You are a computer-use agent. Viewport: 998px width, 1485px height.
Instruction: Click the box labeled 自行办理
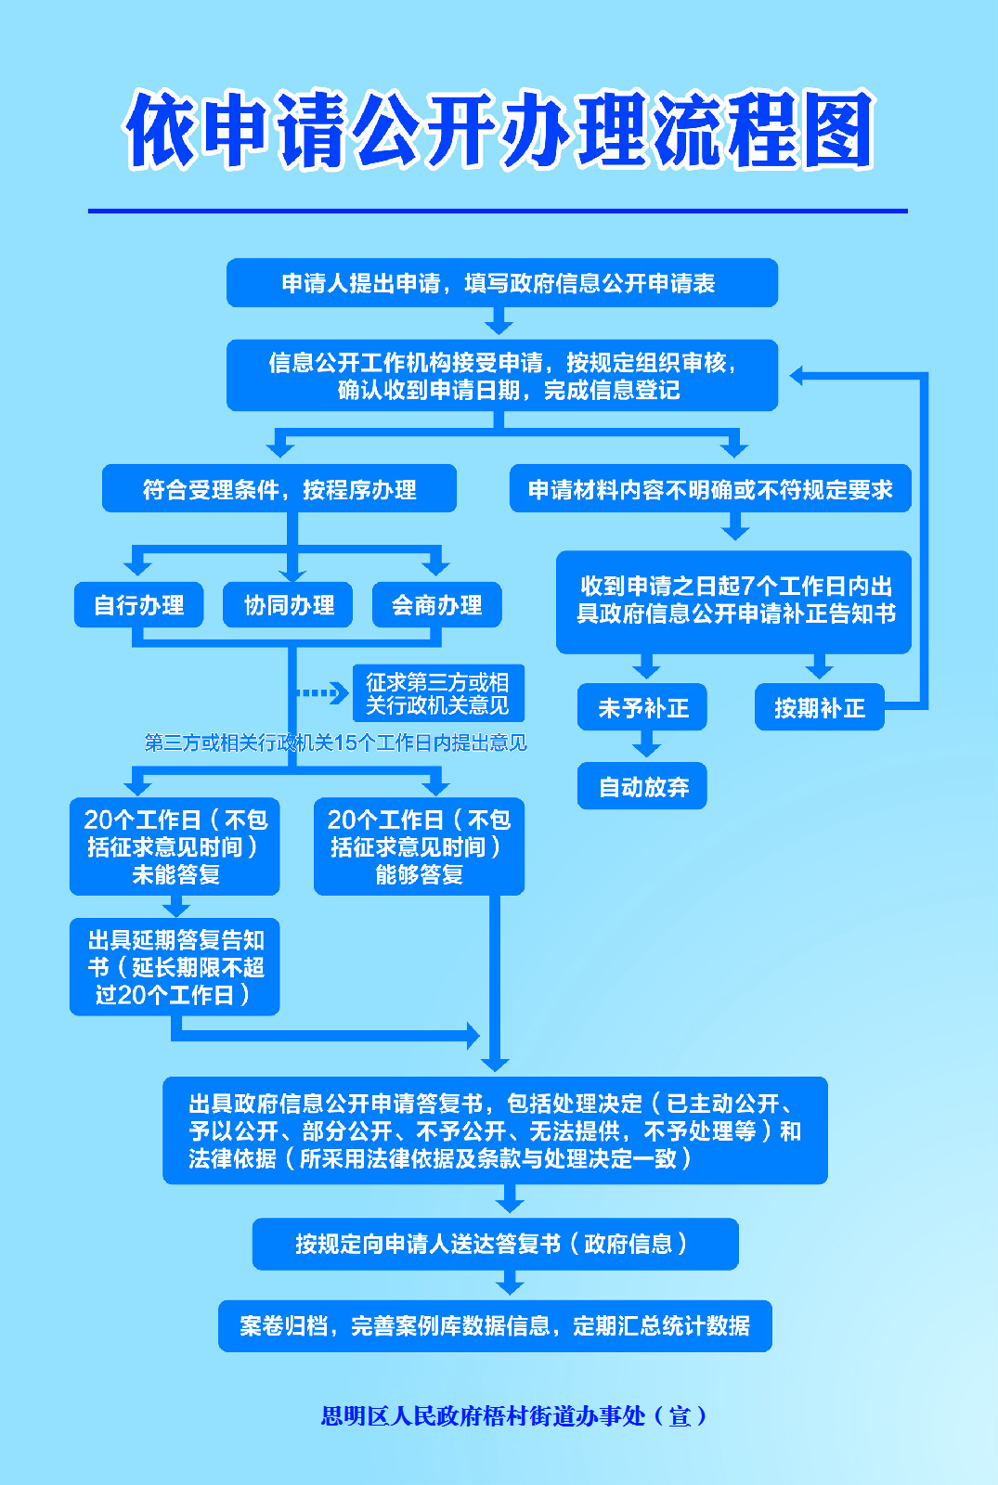138,604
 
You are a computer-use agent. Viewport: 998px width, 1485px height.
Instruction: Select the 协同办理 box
288,604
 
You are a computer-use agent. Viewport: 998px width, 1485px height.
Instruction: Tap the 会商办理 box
437,604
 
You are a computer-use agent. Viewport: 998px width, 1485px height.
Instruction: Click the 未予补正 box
642,707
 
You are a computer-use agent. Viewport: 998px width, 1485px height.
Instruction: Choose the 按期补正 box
820,707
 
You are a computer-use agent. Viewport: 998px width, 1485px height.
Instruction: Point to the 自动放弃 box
642,786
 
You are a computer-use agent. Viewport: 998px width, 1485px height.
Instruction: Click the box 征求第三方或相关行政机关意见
438,693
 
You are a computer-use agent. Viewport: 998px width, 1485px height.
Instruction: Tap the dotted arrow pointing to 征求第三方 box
322,693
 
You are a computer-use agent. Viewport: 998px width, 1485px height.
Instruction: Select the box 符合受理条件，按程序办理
279,488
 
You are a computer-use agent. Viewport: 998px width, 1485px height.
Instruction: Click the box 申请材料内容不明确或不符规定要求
710,488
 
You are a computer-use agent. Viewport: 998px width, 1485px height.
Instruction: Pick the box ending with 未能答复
175,846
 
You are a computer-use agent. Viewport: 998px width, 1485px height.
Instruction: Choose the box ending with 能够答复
419,846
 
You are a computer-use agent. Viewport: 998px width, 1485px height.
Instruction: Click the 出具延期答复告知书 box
175,967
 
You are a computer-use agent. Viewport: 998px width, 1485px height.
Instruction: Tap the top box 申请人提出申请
502,283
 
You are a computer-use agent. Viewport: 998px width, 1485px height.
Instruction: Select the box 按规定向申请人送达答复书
496,1244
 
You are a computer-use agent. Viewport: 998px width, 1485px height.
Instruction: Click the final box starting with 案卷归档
496,1326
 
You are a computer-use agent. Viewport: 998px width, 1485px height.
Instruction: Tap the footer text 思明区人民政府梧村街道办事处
484,1416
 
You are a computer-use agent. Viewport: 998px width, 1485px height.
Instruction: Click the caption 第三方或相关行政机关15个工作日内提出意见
335,742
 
